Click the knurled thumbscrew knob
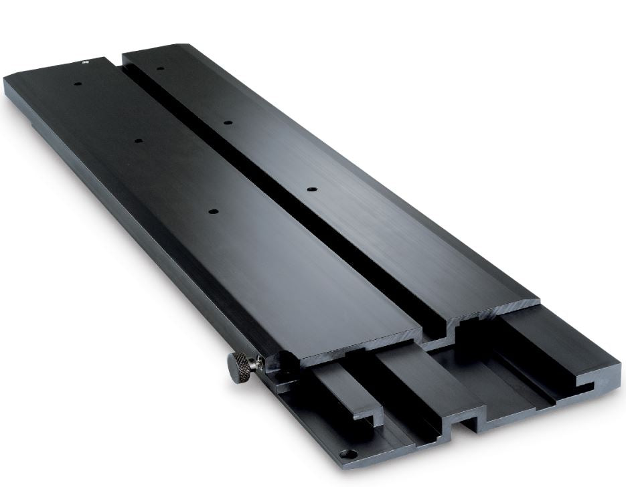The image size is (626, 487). (237, 367)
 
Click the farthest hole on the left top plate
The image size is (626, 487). (78, 84)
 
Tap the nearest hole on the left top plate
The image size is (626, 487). (213, 211)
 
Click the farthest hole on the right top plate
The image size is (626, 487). (160, 68)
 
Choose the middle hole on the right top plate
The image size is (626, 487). (227, 123)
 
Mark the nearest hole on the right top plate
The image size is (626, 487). (311, 190)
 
